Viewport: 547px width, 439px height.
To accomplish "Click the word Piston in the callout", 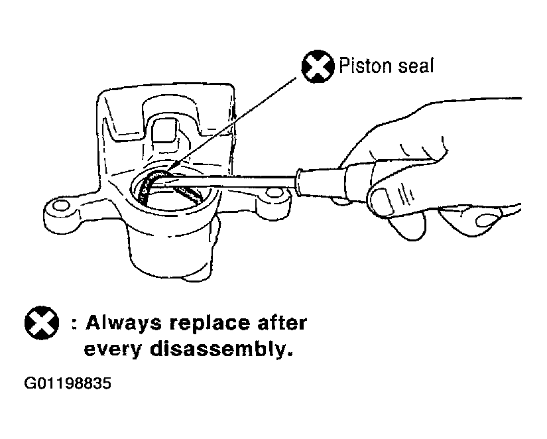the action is tap(365, 65).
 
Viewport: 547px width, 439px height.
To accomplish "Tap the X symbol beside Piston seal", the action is tap(318, 66).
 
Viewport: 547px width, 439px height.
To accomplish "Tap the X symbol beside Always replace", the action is tap(42, 323).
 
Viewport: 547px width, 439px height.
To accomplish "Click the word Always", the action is tap(124, 324).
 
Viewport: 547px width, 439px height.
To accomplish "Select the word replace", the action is tap(210, 324).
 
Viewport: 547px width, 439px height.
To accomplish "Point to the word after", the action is tap(282, 323).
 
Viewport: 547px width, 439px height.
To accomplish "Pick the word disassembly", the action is tap(221, 349).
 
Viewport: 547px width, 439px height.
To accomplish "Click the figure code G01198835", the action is tap(68, 383).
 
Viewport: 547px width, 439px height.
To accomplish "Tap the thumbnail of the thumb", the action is tap(382, 202).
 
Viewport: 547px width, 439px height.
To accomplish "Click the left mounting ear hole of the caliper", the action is tap(62, 206).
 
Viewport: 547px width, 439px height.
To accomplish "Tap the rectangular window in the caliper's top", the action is tap(164, 129).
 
